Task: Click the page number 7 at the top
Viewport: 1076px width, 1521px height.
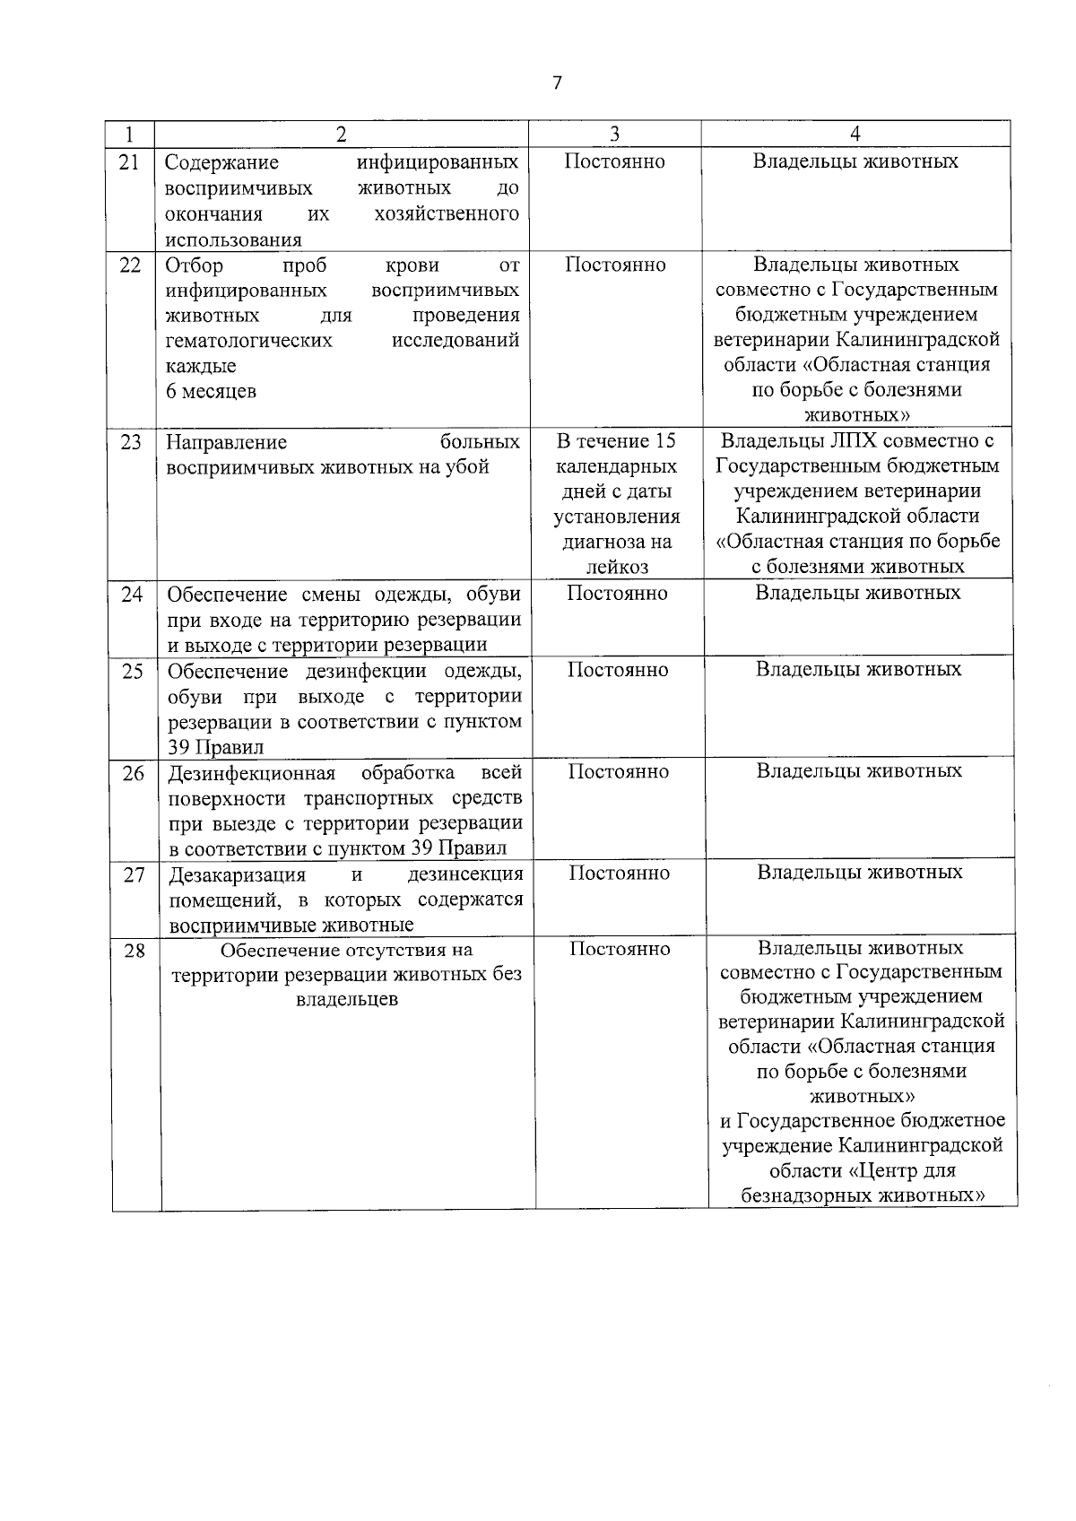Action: pos(557,83)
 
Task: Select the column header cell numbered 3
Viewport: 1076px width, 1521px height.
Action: pos(614,134)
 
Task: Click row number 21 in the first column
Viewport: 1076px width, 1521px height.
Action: pos(130,161)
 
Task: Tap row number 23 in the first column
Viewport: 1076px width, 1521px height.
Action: pos(131,442)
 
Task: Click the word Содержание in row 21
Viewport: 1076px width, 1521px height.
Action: pos(222,162)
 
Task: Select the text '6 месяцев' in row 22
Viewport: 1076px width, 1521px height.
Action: pos(212,391)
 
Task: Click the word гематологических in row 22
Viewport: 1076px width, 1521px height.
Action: pos(249,341)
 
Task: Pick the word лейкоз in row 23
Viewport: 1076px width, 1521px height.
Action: pos(617,567)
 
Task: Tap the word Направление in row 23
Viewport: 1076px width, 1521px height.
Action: pos(227,442)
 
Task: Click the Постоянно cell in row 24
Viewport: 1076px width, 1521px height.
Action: pos(618,593)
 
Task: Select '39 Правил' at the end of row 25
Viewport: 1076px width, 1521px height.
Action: pos(216,748)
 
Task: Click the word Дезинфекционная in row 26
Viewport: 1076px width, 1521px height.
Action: pos(252,773)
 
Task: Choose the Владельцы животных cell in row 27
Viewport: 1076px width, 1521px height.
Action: pos(860,872)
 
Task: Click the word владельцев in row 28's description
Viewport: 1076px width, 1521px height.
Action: pos(347,999)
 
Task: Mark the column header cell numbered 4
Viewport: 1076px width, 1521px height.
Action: pos(855,134)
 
